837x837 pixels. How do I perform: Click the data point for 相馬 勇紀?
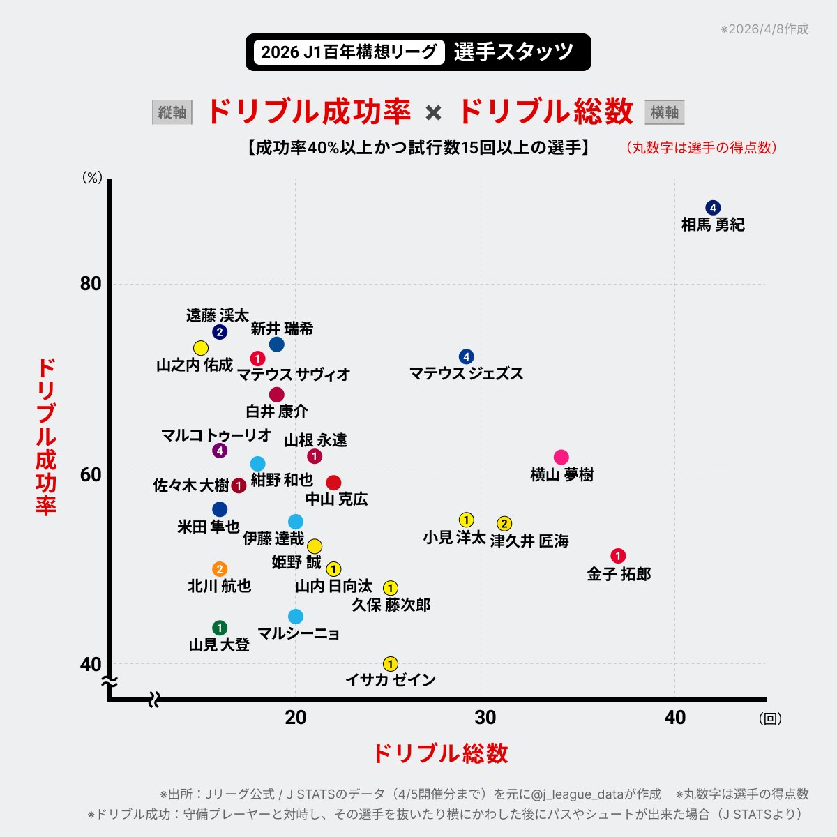click(712, 208)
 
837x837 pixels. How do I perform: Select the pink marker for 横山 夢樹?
click(561, 458)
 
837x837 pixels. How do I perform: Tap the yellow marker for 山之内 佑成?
click(201, 348)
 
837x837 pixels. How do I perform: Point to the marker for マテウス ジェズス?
click(467, 357)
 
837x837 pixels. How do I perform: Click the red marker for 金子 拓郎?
click(618, 556)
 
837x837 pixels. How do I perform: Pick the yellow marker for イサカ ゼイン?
click(391, 664)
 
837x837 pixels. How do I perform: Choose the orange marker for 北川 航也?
click(220, 569)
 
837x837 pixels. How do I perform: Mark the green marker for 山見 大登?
click(220, 628)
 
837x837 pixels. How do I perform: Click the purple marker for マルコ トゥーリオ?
click(220, 451)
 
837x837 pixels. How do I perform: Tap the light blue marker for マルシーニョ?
click(296, 617)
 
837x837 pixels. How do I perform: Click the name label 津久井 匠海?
click(529, 541)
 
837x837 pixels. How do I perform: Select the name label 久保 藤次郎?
click(391, 605)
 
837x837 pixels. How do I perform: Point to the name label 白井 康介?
click(277, 412)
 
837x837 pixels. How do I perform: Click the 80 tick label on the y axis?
click(91, 284)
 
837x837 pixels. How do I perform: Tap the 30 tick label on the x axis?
click(485, 718)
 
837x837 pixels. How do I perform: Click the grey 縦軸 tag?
click(172, 112)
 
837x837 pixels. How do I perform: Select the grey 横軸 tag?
click(664, 112)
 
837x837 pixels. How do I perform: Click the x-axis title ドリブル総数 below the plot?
click(439, 754)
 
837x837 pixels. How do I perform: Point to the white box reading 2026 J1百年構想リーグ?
click(349, 52)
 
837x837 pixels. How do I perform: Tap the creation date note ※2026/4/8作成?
click(764, 29)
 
